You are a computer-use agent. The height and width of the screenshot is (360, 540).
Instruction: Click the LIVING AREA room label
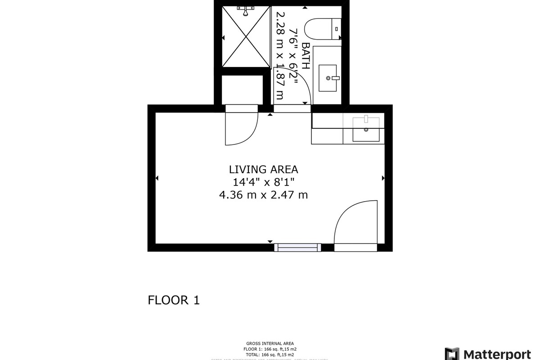pos(263,170)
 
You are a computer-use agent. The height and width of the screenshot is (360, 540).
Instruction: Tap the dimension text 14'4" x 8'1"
pos(263,182)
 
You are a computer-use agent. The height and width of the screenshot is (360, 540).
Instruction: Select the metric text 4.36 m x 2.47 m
pos(263,195)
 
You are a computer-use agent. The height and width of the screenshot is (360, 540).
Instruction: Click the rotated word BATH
pos(306,55)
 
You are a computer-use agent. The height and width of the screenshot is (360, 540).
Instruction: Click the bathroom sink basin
pos(328,78)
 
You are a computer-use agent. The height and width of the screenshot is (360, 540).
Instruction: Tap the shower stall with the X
pos(246,37)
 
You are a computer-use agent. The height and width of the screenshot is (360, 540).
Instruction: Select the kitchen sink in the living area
pos(366,129)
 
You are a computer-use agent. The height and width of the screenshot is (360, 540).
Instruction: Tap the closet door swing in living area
pos(242,128)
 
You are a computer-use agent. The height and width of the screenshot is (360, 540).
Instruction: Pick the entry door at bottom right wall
pos(355,225)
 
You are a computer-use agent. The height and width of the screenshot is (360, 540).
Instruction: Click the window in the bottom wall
pos(297,247)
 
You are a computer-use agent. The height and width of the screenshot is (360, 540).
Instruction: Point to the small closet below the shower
pos(242,90)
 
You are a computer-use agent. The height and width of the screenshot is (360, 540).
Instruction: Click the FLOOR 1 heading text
pos(174,300)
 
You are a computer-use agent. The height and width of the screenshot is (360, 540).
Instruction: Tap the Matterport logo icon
pos(452,354)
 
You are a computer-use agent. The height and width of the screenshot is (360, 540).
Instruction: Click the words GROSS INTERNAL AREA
pos(270,343)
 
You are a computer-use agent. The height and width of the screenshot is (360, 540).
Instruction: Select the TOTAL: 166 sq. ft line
pos(270,354)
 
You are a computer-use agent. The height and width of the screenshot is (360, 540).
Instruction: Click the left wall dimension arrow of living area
pos(157,178)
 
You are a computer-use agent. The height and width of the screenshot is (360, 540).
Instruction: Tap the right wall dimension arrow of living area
pos(383,178)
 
